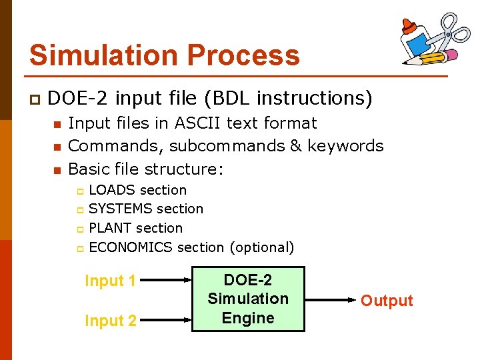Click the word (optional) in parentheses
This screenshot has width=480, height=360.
pos(261,247)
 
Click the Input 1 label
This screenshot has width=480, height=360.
pos(110,281)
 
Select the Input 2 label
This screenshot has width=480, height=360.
pos(110,321)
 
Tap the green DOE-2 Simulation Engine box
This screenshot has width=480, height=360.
pos(248,299)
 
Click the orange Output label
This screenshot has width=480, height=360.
pos(387,301)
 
